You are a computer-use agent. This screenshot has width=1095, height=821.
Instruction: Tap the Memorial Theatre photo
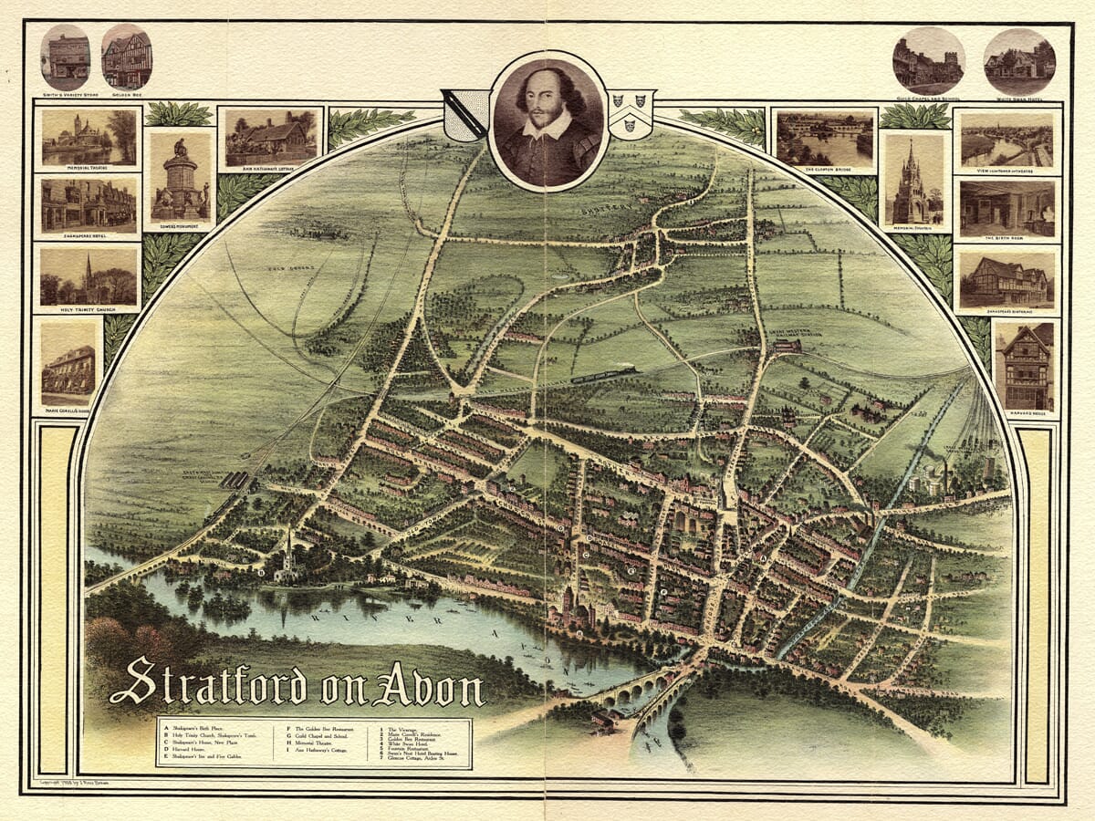click(89, 137)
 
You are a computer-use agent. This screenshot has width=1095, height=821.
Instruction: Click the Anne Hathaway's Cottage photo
click(271, 137)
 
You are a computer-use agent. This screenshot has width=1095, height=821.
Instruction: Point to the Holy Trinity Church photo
click(89, 276)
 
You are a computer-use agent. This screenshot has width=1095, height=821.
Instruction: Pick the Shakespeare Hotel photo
click(89, 205)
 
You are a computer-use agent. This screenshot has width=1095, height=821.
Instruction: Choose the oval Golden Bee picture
click(127, 57)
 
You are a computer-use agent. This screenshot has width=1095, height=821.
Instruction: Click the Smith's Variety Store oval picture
click(66, 57)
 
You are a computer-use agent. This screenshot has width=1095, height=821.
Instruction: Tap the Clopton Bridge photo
click(824, 137)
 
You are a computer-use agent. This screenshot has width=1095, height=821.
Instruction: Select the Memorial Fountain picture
click(913, 181)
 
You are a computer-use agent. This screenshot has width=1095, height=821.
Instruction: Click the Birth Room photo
click(1006, 208)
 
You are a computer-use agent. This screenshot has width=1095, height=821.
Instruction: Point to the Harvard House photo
click(1026, 365)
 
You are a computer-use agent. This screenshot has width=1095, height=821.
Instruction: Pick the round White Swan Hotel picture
click(1019, 62)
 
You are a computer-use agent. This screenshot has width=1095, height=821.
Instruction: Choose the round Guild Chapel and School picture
click(928, 62)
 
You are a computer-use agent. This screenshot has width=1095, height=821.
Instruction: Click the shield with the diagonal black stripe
click(464, 114)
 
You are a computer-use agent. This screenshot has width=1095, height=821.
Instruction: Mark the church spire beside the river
click(288, 547)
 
